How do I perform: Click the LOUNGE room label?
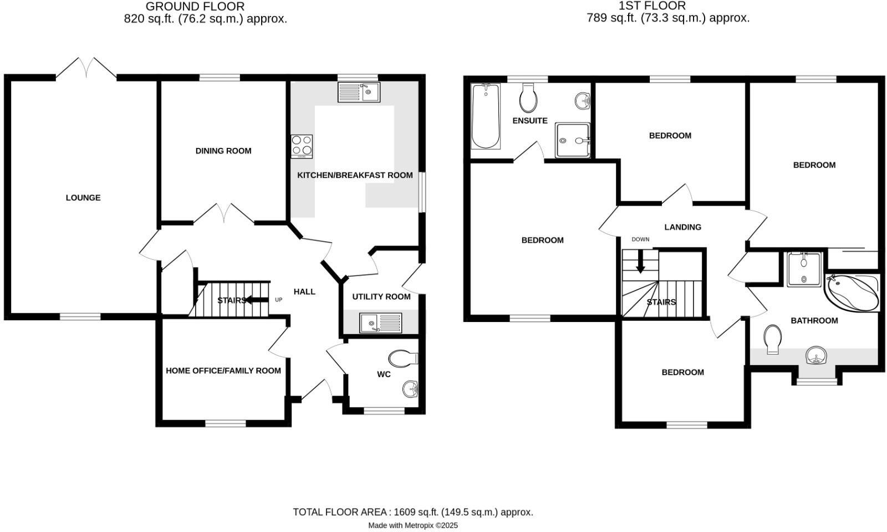coord(83,198)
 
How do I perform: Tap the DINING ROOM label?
coord(223,151)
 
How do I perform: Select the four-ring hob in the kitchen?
coord(302,146)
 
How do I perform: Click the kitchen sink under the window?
coord(359,92)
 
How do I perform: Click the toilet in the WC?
coord(403,358)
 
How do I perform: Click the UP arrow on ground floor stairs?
coord(256,300)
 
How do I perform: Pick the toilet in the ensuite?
coord(528,99)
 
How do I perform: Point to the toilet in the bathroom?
coord(772,338)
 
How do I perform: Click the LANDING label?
coord(682,227)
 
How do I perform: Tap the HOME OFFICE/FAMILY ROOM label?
coord(223,371)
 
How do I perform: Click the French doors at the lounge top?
coord(86,68)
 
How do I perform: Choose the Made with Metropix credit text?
coord(413,525)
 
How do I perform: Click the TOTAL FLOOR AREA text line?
coord(413,512)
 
